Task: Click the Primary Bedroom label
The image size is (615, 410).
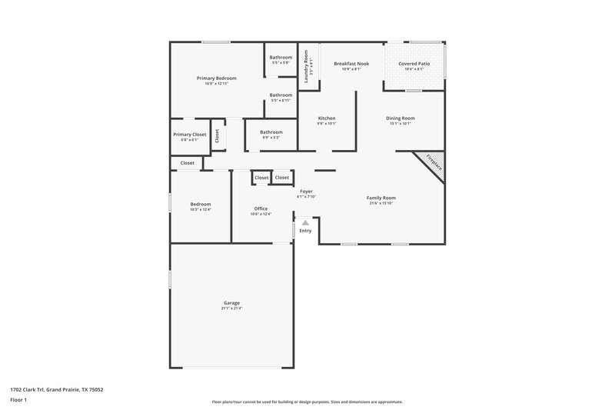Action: click(216, 78)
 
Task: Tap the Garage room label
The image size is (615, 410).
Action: click(231, 303)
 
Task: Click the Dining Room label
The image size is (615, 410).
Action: click(401, 118)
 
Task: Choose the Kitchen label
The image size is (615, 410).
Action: click(327, 118)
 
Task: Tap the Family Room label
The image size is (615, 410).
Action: click(381, 198)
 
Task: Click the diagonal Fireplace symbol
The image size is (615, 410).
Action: click(432, 165)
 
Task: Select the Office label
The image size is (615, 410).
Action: click(261, 208)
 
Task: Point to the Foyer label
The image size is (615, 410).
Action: click(306, 191)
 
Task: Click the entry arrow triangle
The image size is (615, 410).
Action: click(305, 222)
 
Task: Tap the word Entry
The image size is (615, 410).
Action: click(305, 231)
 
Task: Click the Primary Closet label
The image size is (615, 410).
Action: click(189, 135)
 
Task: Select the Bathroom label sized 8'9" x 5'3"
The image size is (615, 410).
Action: click(271, 132)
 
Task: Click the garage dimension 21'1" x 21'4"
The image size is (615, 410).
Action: click(231, 308)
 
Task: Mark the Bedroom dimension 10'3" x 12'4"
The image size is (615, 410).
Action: click(201, 209)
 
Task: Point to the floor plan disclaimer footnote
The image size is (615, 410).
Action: click(307, 402)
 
